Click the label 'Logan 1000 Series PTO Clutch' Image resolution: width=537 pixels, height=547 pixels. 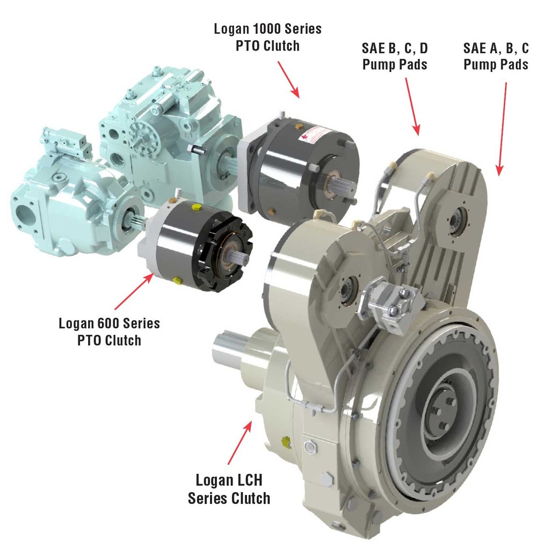pos(267,37)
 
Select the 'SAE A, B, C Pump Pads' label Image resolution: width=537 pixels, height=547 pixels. pos(495,56)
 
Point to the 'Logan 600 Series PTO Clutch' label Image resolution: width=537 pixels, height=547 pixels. pos(109,332)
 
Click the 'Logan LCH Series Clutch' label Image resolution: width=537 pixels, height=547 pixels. pos(229,488)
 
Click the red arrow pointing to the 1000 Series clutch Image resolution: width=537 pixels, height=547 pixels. pos(289,79)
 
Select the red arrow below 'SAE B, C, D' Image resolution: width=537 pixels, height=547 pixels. pos(411,105)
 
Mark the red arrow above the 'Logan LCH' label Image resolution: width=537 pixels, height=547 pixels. pos(240,442)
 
